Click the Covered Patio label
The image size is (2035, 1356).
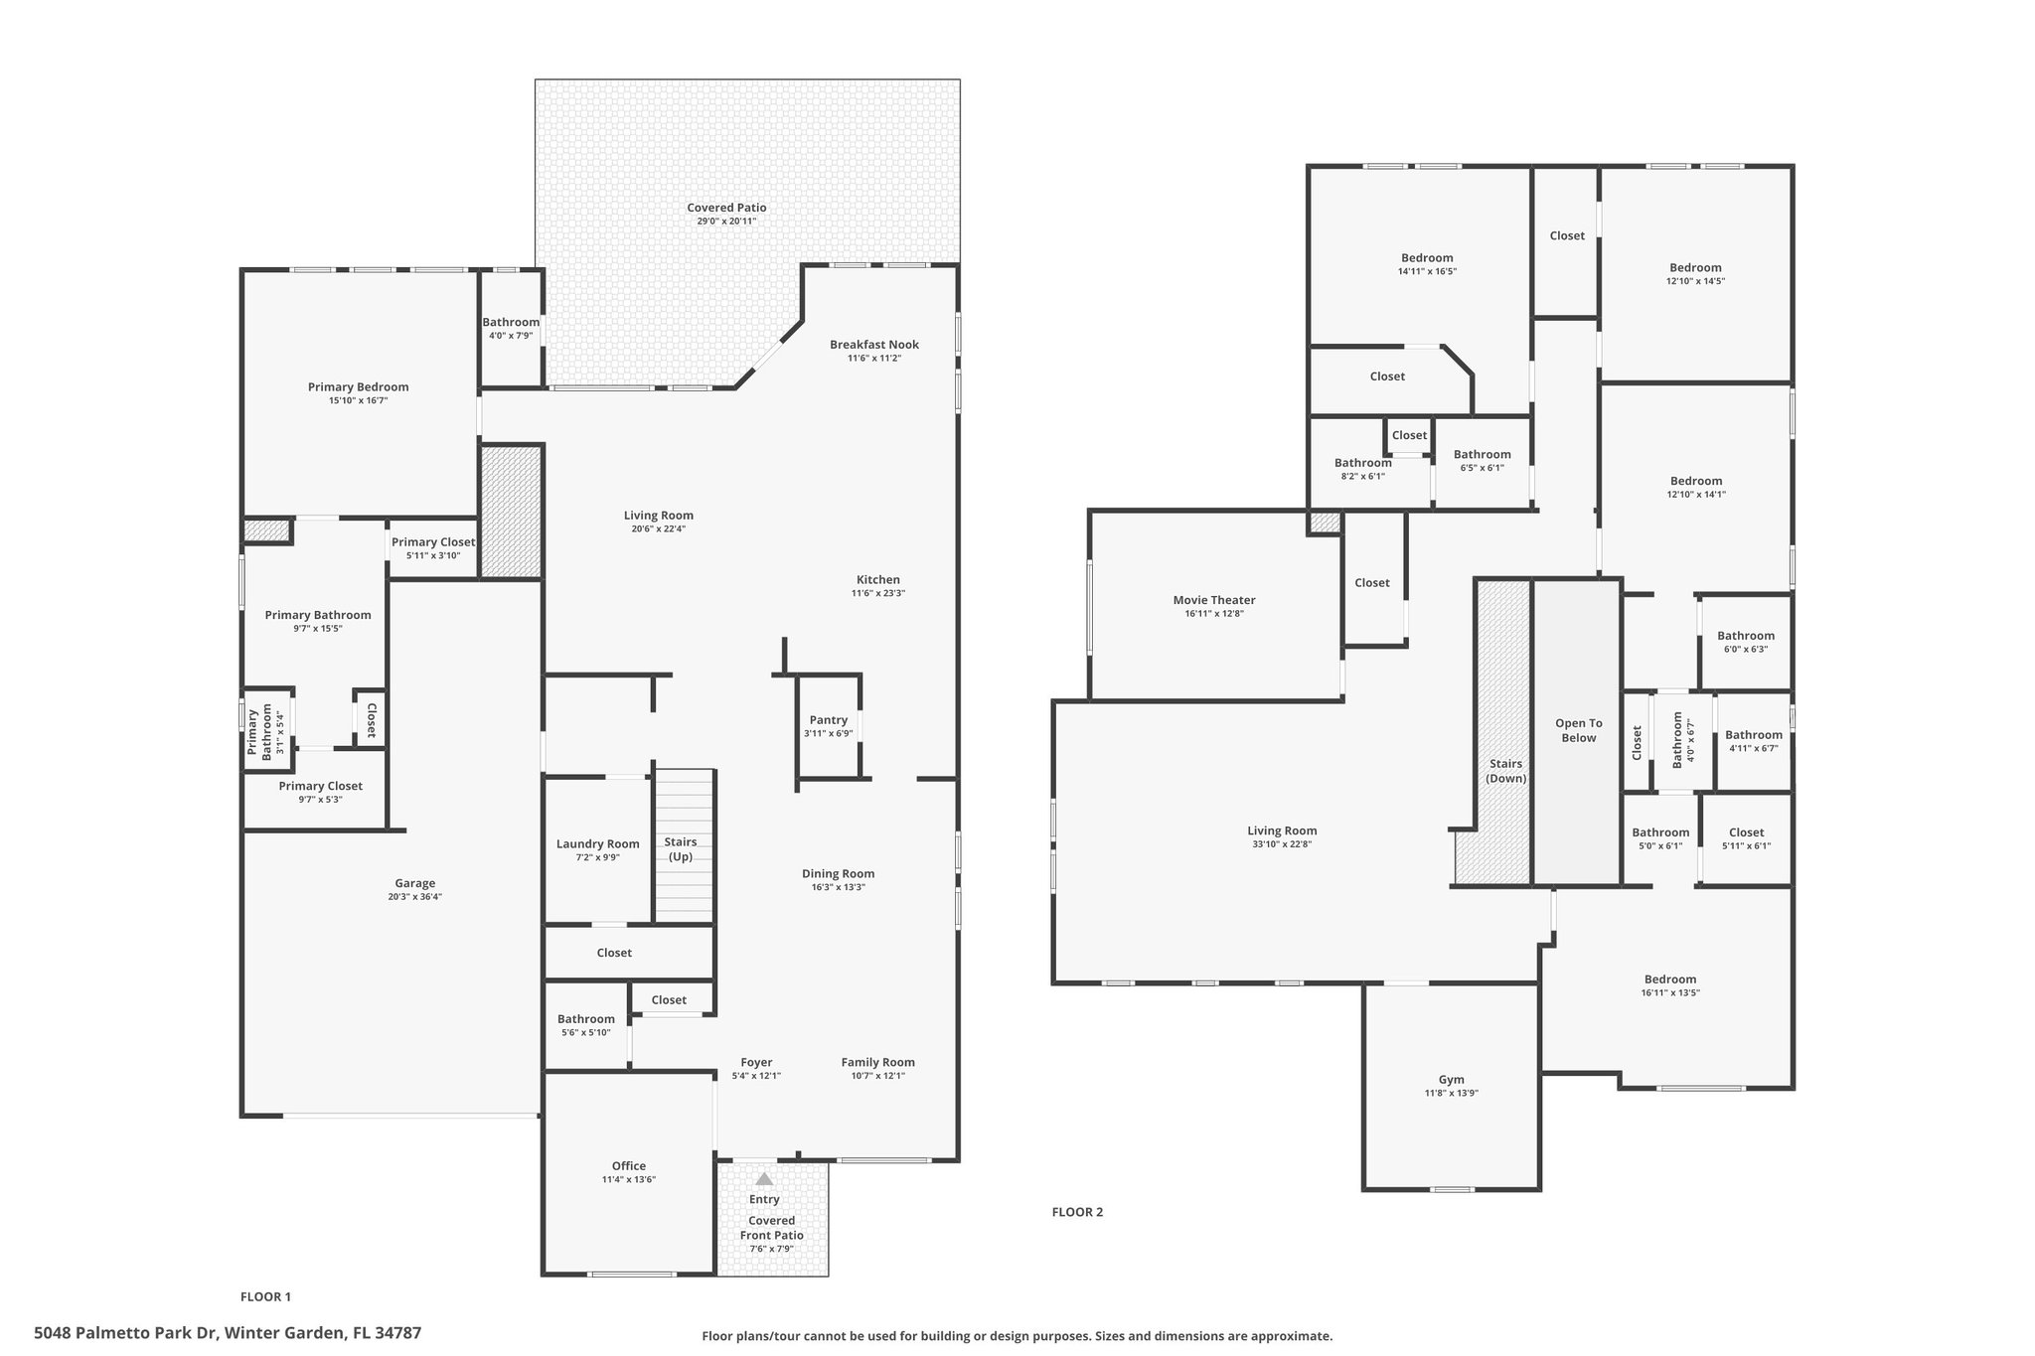726,208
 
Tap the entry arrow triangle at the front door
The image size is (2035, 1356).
764,1179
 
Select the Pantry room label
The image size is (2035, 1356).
829,720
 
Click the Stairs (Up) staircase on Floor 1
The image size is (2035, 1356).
684,845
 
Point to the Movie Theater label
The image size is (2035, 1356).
1214,600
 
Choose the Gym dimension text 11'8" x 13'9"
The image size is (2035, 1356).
1452,1093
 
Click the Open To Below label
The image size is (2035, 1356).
1579,730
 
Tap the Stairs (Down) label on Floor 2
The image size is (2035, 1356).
1506,771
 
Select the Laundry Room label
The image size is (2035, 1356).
598,844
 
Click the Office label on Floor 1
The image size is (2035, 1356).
629,1166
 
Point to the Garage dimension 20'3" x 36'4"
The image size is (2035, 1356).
415,896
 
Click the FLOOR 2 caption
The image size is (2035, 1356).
1077,1212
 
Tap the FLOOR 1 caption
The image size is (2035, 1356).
265,1296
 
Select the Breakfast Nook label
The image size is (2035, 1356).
874,345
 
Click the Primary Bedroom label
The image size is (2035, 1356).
358,387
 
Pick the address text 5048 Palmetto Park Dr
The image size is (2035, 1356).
125,1333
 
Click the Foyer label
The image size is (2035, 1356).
756,1062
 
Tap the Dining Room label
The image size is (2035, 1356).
839,874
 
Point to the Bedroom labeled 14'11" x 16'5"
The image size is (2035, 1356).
1427,258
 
